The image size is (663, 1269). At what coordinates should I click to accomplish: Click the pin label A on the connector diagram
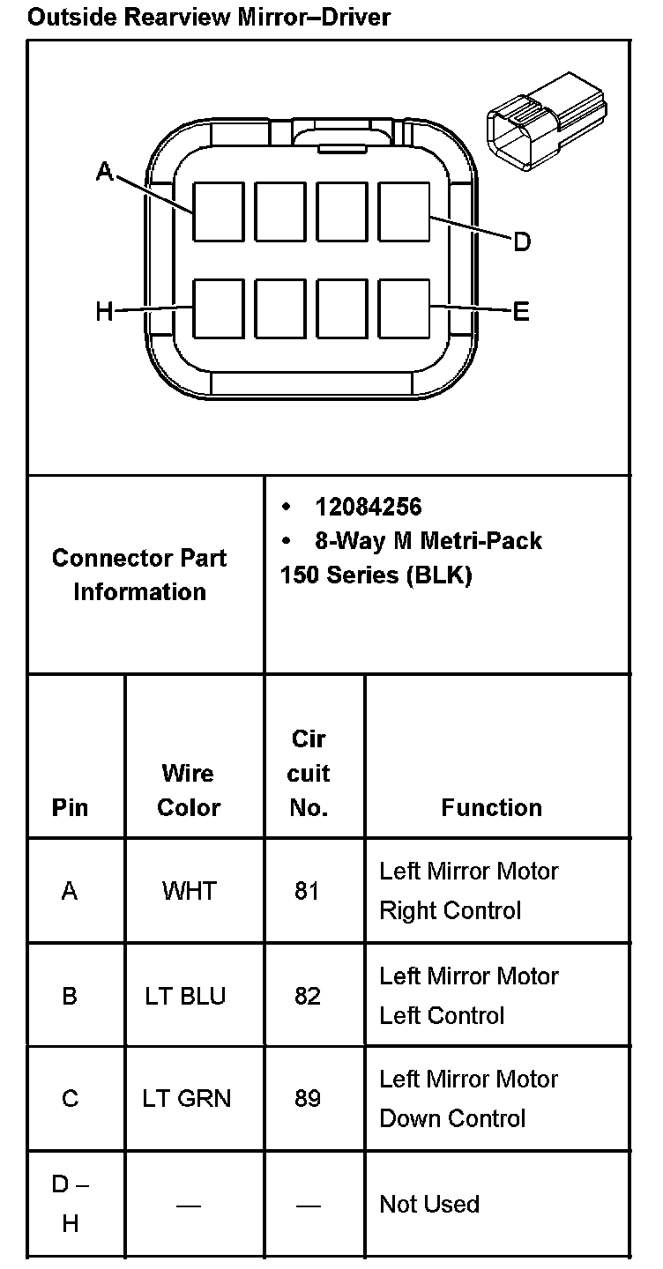point(105,171)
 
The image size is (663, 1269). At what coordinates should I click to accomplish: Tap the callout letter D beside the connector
point(522,241)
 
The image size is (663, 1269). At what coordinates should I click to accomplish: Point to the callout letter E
point(521,311)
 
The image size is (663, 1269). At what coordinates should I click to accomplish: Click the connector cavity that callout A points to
point(219,211)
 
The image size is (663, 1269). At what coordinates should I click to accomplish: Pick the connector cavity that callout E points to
point(404,308)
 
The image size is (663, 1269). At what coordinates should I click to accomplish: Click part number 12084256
point(369,507)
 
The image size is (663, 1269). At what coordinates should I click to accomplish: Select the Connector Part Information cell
point(139,575)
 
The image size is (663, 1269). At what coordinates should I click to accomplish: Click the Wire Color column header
point(189,790)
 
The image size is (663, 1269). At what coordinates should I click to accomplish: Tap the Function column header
point(492,807)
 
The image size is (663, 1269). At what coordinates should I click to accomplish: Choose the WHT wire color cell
point(189,891)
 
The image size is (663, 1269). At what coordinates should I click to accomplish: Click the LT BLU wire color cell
point(186,996)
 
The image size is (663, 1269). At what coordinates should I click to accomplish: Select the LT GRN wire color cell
point(187,1099)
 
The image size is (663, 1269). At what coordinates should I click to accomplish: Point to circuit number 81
point(307,891)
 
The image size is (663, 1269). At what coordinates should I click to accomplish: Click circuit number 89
point(307,1099)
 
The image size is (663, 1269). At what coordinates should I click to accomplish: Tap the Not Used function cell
point(429,1204)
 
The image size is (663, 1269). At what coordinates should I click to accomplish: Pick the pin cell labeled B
point(70,996)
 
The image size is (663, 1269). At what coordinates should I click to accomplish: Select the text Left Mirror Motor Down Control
point(468,1099)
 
